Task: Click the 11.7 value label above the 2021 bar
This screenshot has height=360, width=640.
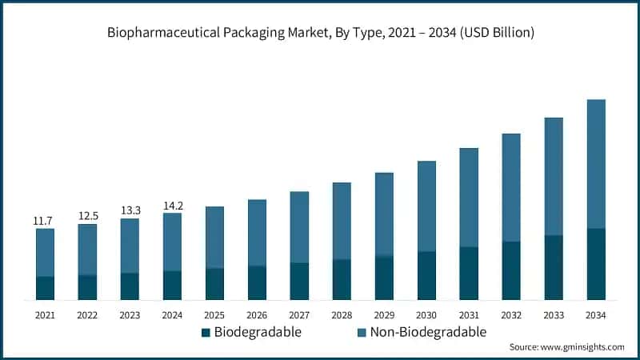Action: pyautogui.click(x=45, y=220)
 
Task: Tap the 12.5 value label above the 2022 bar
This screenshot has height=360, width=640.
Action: pyautogui.click(x=87, y=215)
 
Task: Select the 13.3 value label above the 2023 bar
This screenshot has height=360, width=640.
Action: pyautogui.click(x=130, y=210)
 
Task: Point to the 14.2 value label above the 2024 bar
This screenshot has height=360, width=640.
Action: pyautogui.click(x=172, y=205)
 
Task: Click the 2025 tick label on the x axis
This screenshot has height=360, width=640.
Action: pyautogui.click(x=214, y=315)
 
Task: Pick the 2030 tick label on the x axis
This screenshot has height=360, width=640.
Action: pyautogui.click(x=426, y=315)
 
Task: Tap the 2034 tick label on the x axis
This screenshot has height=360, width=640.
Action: pyautogui.click(x=596, y=315)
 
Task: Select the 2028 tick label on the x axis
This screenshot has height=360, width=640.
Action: pyautogui.click(x=342, y=315)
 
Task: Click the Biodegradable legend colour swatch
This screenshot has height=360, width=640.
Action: pyautogui.click(x=206, y=332)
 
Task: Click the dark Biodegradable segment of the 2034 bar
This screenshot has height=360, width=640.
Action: pyautogui.click(x=596, y=264)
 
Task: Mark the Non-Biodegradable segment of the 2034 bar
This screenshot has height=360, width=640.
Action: pyautogui.click(x=596, y=164)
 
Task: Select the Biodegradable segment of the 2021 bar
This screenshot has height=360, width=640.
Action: pyautogui.click(x=45, y=288)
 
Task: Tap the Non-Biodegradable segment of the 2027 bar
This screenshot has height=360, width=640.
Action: pyautogui.click(x=299, y=227)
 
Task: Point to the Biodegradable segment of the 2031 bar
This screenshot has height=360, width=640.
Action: pyautogui.click(x=469, y=274)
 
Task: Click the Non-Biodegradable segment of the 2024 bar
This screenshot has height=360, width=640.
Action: pyautogui.click(x=172, y=242)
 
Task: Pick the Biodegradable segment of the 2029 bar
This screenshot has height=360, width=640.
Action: pyautogui.click(x=384, y=278)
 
